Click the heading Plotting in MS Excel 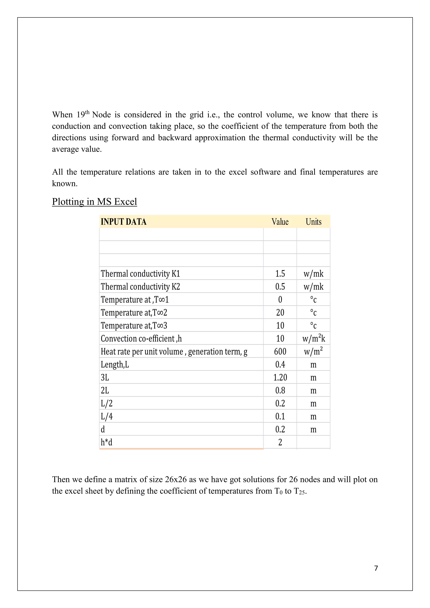[94, 202]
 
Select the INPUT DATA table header [123, 222]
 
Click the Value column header [280, 222]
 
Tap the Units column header [313, 222]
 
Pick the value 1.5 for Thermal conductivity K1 [280, 274]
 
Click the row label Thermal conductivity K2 [140, 287]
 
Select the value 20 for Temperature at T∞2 [280, 312]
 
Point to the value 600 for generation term [280, 351]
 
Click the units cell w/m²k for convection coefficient [313, 338]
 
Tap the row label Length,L [115, 365]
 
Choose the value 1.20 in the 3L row [280, 377]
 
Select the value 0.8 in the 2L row [280, 390]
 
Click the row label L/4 [106, 416]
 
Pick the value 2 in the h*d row [280, 442]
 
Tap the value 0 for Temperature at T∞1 [280, 300]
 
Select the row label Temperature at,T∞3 [134, 325]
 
